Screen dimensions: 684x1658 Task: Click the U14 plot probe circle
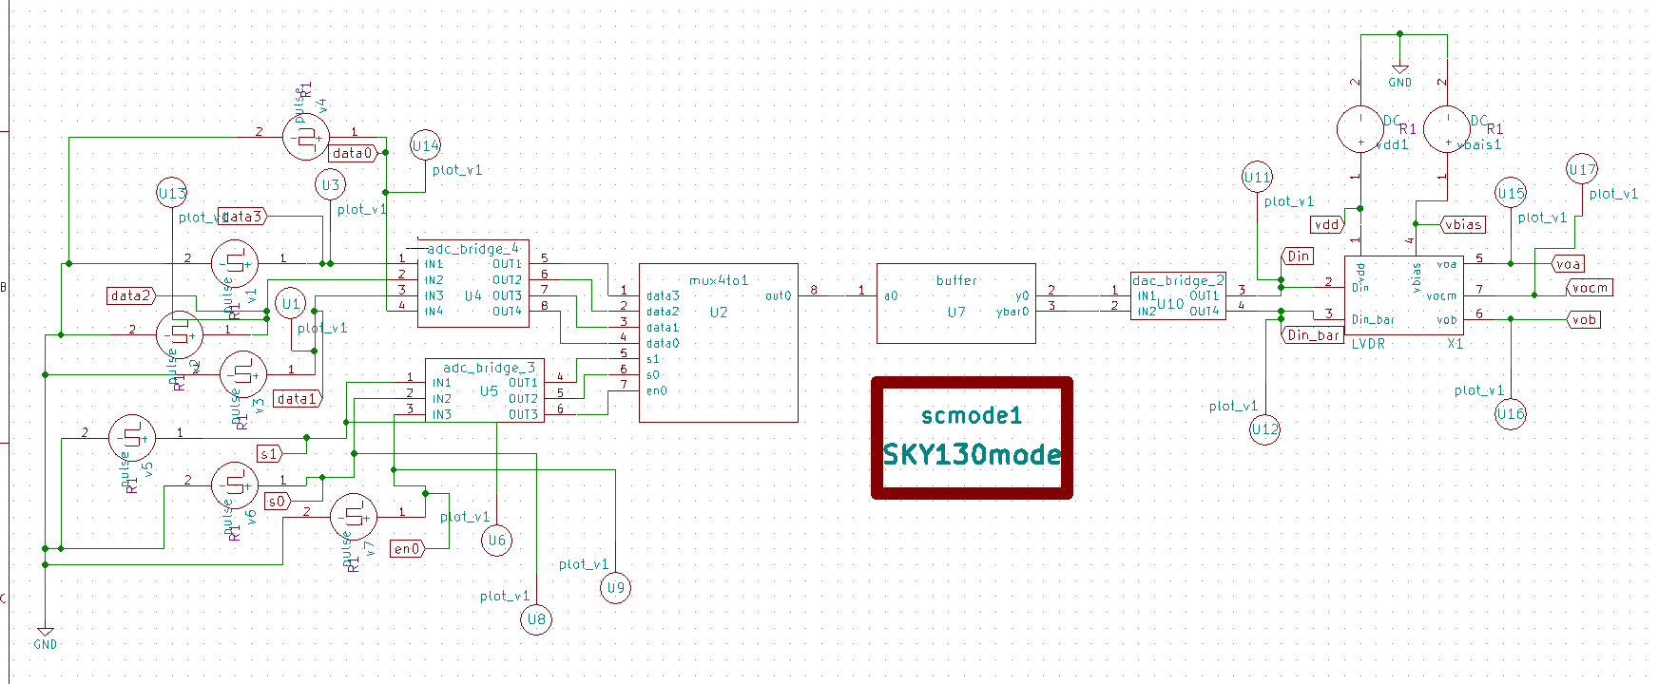pyautogui.click(x=425, y=145)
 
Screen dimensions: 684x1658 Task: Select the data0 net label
pyautogui.click(x=353, y=153)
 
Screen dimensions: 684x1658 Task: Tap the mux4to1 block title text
pyautogui.click(x=719, y=280)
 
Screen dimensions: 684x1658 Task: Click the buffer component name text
pyautogui.click(x=955, y=280)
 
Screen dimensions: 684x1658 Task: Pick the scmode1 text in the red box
pyautogui.click(x=971, y=415)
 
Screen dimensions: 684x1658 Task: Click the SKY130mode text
pyautogui.click(x=971, y=454)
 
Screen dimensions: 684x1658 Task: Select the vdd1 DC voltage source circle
pyautogui.click(x=1360, y=129)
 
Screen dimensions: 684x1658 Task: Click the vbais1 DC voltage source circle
pyautogui.click(x=1447, y=129)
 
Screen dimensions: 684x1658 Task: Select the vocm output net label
pyautogui.click(x=1590, y=288)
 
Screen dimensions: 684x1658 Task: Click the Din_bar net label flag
pyautogui.click(x=1312, y=335)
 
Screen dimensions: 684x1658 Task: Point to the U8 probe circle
pyautogui.click(x=536, y=619)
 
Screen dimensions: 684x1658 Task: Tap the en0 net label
pyautogui.click(x=406, y=548)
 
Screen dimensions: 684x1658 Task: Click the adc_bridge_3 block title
pyautogui.click(x=489, y=368)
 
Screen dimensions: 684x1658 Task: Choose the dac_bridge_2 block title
pyautogui.click(x=1178, y=280)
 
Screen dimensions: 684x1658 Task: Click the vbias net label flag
pyautogui.click(x=1461, y=225)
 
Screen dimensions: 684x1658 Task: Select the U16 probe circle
pyautogui.click(x=1510, y=413)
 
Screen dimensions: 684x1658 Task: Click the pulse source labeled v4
pyautogui.click(x=306, y=138)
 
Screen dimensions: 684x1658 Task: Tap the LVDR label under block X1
pyautogui.click(x=1368, y=344)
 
